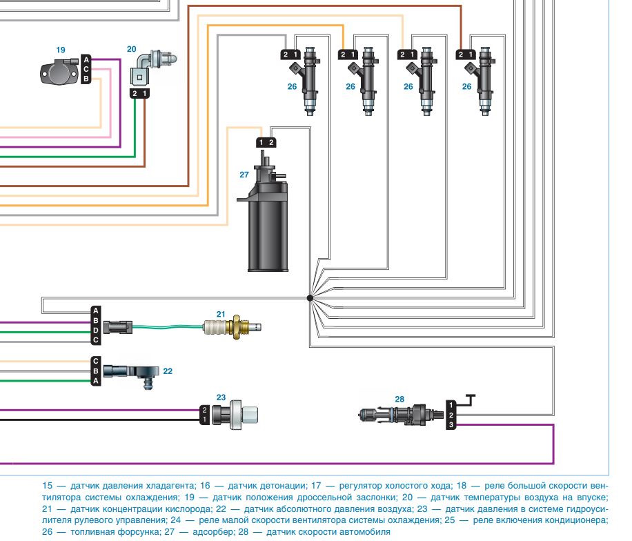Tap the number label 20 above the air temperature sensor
click(132, 50)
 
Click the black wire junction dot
click(310, 298)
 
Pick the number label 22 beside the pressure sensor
click(168, 371)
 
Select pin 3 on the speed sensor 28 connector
click(451, 425)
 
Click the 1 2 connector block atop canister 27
click(266, 142)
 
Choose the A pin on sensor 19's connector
click(86, 60)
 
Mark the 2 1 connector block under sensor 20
click(139, 93)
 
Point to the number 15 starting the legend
click(48, 485)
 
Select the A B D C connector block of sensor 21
click(96, 325)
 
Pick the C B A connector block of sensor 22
click(96, 371)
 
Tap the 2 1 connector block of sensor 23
click(204, 415)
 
